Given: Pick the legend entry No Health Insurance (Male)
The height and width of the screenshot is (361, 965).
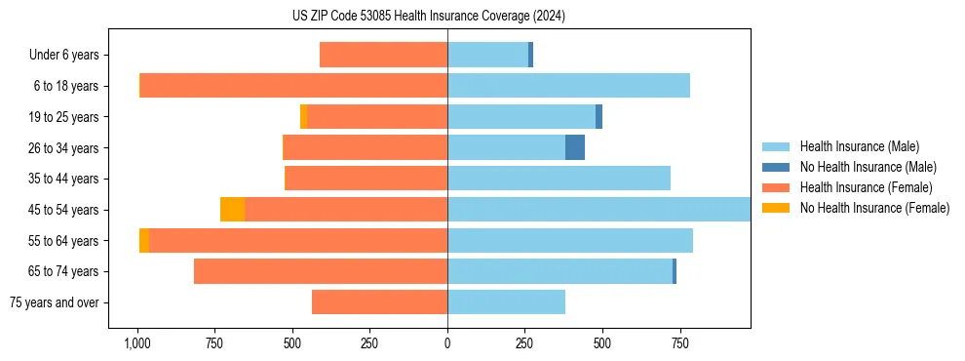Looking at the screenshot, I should (868, 167).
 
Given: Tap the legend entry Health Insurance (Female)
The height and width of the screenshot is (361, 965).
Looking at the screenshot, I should (866, 187).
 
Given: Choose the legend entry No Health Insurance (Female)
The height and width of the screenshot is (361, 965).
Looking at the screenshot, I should (873, 208).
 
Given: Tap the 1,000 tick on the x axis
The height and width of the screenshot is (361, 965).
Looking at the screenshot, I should (137, 343).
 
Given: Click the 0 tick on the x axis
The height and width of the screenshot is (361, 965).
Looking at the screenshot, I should (447, 343).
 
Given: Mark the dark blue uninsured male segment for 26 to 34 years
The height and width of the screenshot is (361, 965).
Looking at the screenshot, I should (575, 147).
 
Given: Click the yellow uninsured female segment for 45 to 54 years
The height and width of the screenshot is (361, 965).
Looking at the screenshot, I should (232, 210).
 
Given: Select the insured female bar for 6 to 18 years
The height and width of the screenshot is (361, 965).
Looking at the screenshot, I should (293, 86).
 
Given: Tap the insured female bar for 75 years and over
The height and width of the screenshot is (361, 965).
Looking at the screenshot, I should (379, 302).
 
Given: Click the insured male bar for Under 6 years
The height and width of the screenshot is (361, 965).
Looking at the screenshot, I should (487, 55).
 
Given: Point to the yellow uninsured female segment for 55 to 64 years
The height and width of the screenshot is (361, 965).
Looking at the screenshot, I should (144, 241).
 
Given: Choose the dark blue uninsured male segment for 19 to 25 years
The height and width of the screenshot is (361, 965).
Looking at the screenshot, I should (598, 117).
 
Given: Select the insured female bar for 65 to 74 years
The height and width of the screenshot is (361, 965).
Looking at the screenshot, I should (321, 271).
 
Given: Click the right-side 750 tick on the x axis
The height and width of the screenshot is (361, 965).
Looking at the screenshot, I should (680, 343).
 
